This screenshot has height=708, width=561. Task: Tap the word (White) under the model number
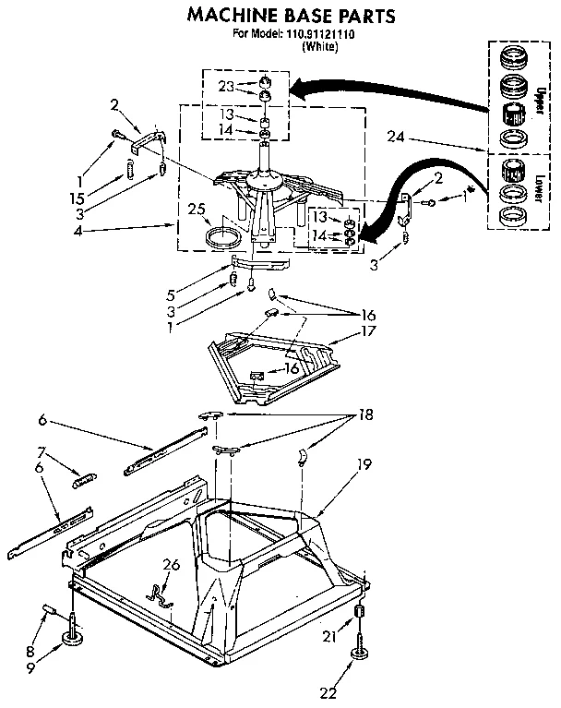click(x=319, y=46)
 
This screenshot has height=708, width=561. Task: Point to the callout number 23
click(x=226, y=88)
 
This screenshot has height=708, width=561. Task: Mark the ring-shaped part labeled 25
click(x=221, y=237)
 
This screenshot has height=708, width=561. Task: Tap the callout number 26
click(x=171, y=565)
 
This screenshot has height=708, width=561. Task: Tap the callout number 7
click(x=41, y=452)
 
